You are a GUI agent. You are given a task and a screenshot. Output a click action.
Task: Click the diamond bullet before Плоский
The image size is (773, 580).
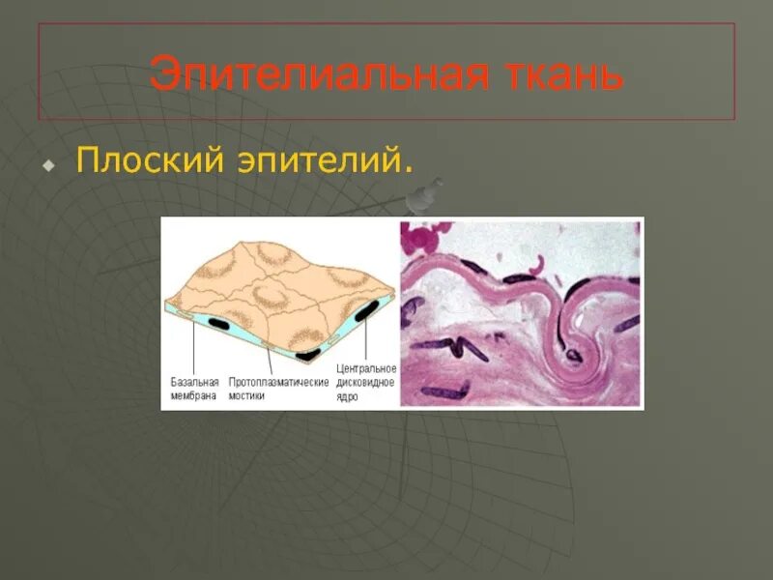pos(46,165)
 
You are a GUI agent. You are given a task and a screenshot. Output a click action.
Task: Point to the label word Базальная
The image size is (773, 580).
pos(194,383)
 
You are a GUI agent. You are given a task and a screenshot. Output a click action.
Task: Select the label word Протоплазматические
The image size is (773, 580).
pos(278,383)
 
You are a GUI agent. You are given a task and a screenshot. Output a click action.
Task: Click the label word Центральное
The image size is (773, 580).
pos(366,370)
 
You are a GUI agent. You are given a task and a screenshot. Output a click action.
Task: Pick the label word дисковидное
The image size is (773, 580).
pos(366,383)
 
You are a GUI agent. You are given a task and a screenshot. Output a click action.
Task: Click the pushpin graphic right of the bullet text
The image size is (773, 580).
pos(421,197)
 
